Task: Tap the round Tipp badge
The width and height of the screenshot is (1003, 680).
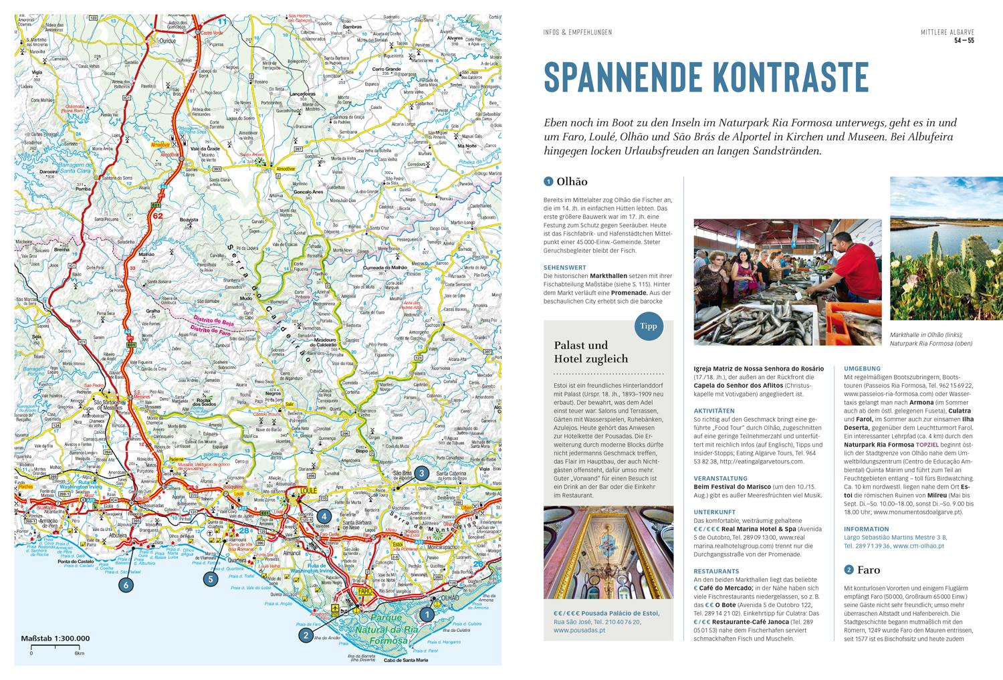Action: click(649, 326)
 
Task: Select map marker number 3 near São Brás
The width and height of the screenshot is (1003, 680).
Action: click(421, 473)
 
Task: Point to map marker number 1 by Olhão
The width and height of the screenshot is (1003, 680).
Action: click(425, 611)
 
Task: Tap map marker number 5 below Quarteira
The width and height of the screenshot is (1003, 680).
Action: click(211, 579)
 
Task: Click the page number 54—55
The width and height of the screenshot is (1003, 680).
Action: click(964, 41)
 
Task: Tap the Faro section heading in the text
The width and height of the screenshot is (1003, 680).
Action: click(868, 570)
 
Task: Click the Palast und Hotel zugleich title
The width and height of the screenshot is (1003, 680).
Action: click(591, 352)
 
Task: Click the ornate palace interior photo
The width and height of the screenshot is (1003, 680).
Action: click(608, 552)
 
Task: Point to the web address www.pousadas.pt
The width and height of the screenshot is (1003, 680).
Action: click(579, 629)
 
